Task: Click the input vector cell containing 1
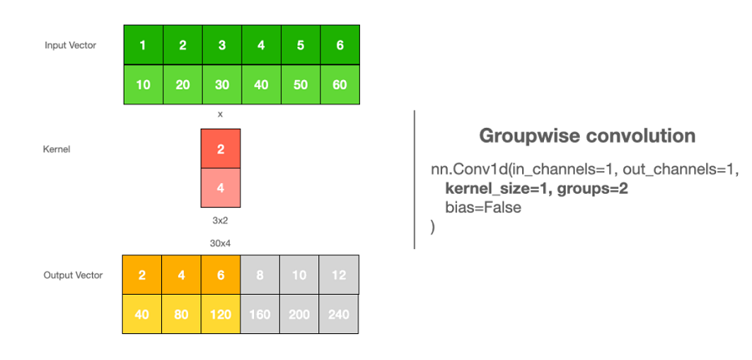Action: [x=143, y=45]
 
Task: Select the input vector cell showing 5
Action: [x=300, y=45]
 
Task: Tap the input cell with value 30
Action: [x=221, y=85]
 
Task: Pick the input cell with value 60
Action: [x=339, y=85]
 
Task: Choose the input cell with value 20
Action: [x=182, y=85]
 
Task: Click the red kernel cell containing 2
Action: [x=221, y=149]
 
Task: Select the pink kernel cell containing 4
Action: [x=221, y=188]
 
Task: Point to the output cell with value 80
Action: [x=181, y=315]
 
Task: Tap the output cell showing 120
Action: [x=221, y=315]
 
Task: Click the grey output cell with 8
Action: [x=260, y=275]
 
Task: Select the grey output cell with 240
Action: [x=338, y=315]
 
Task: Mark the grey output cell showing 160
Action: [x=260, y=315]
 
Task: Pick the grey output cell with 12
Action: [x=338, y=275]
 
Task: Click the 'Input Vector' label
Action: [x=70, y=45]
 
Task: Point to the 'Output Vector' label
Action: [x=73, y=275]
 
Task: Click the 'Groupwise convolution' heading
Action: [x=587, y=135]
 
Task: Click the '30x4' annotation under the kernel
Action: [x=221, y=243]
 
